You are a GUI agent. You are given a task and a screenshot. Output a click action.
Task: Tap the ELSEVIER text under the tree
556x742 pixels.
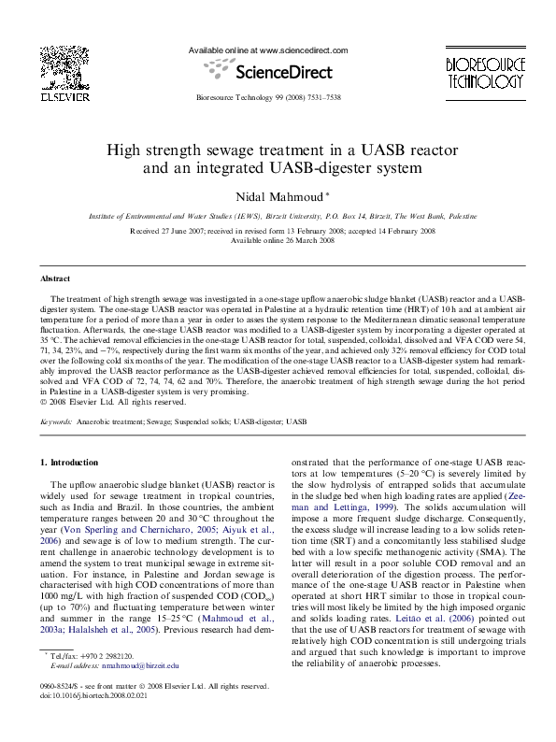(64, 95)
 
